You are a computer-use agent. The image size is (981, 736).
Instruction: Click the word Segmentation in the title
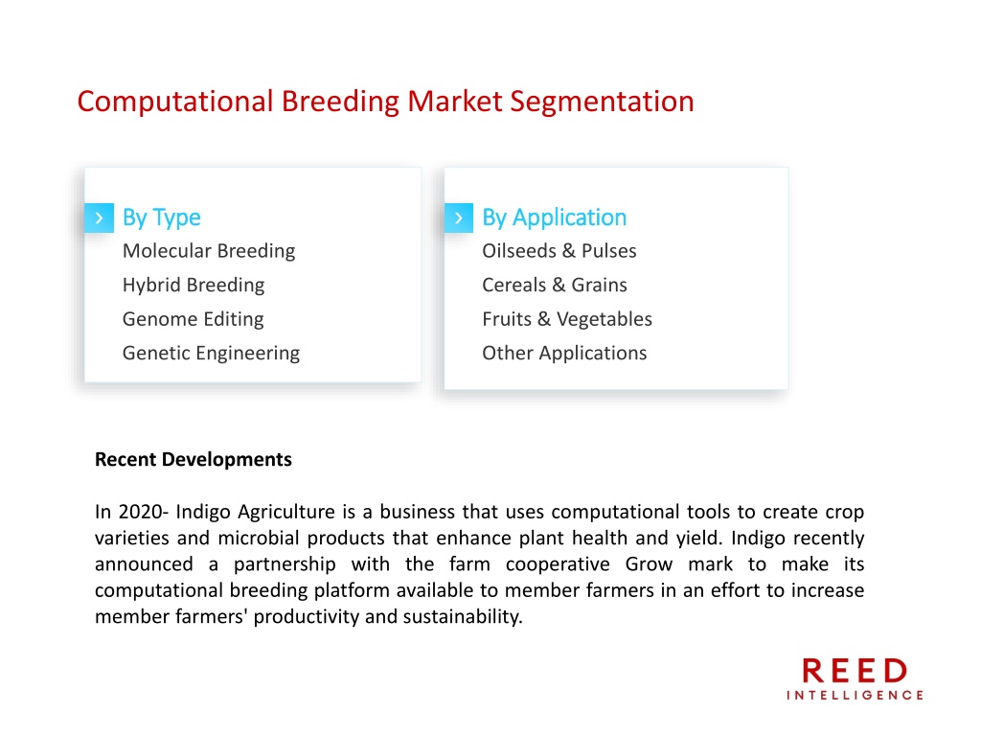click(x=602, y=103)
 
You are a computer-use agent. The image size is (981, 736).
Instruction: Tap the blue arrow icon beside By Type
click(x=99, y=218)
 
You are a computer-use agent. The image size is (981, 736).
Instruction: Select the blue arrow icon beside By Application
click(x=459, y=218)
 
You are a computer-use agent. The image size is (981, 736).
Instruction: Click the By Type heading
click(x=161, y=218)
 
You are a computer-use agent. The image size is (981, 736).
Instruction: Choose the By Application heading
click(x=555, y=218)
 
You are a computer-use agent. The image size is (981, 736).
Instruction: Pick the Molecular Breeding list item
click(x=209, y=252)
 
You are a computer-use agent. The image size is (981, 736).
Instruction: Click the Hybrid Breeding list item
click(x=194, y=286)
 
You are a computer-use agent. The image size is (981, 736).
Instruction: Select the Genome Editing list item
click(x=193, y=319)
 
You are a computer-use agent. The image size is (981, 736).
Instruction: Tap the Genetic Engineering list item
click(x=211, y=354)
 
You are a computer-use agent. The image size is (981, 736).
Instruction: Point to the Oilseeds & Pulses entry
click(x=559, y=251)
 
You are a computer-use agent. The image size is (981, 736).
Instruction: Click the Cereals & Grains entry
click(x=555, y=286)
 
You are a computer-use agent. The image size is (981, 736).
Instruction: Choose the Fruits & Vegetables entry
click(x=567, y=319)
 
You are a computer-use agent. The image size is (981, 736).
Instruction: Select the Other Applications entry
click(x=564, y=354)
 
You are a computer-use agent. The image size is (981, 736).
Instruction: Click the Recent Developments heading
click(x=194, y=460)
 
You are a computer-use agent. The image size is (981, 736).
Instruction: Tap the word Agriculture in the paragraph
click(x=286, y=513)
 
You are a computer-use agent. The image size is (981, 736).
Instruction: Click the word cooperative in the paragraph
click(x=558, y=565)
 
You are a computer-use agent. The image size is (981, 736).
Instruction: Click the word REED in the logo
click(x=855, y=671)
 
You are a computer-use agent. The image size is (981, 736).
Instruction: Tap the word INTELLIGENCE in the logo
click(x=855, y=696)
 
